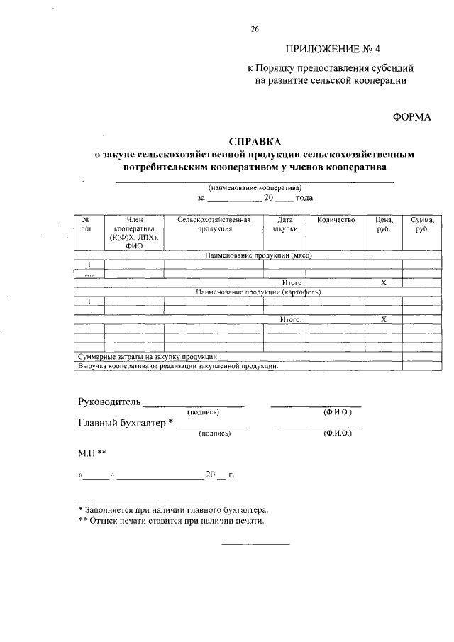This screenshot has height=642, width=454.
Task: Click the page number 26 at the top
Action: pos(255,29)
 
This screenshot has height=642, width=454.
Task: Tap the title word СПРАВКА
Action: pos(255,140)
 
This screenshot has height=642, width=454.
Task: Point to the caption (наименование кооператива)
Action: pos(255,187)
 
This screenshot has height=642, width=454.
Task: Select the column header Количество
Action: pos(336,221)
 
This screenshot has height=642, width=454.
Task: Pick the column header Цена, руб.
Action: pos(383,225)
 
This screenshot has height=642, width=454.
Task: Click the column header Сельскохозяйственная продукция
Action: pos(214,225)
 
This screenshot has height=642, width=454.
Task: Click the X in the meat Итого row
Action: pos(383,282)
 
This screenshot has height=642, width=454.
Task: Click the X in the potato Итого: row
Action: pos(383,320)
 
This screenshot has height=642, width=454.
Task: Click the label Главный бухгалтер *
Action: pos(126,424)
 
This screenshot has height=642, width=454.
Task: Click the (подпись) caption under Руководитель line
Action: pos(203,412)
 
